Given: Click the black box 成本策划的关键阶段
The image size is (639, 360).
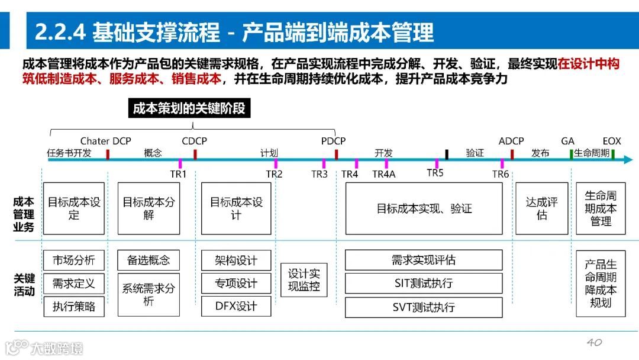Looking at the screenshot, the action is pos(189,108).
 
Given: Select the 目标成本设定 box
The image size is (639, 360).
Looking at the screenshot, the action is pos(74,208).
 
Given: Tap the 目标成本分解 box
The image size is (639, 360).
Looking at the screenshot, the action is pos(149,208).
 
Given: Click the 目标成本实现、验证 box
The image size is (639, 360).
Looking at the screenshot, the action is pos(424,208).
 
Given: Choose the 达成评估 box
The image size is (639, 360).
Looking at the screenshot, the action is pos(541,208).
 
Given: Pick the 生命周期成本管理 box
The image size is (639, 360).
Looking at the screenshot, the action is pos(601,208).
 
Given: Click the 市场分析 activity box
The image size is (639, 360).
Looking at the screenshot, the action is pos(74,260).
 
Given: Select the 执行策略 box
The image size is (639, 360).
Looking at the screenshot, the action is pos(74,307).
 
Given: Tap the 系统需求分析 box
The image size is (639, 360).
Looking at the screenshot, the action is pos(149,295).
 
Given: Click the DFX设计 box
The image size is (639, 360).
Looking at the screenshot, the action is pos(236,307).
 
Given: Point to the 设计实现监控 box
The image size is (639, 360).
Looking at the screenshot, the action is pos(304,280).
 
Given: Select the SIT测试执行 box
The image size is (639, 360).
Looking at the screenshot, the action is pos(424,284).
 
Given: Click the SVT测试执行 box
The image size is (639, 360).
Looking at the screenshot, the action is pos(424,307).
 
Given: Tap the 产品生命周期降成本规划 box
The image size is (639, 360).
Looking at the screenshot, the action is pos(601,284).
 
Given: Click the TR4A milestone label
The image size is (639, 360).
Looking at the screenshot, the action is pos(383,174).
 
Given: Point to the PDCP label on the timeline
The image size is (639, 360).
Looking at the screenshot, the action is pos(333,142).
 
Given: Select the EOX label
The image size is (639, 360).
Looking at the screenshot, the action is pos(612,142).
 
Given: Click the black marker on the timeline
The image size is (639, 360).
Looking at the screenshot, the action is pos(447,155).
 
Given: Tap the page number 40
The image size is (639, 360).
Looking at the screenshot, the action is pos(594,342).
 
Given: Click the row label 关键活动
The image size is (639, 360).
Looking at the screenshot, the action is pos(24,285).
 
